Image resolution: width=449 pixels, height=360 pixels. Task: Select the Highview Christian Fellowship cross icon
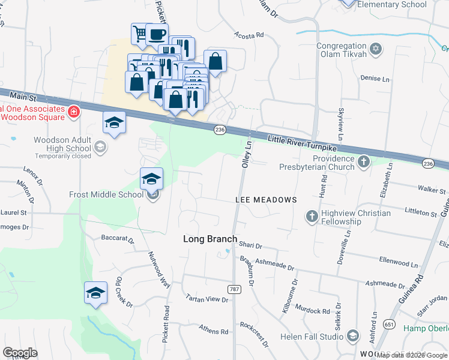(312, 216)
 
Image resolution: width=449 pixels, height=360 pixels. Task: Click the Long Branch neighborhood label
(209, 239)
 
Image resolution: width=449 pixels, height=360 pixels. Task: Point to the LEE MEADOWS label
(266, 200)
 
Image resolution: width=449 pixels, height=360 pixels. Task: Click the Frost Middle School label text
(106, 194)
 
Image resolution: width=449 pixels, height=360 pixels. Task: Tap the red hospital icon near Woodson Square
(74, 112)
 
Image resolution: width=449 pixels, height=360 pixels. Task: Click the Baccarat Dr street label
(118, 238)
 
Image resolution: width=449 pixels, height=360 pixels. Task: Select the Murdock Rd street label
(313, 311)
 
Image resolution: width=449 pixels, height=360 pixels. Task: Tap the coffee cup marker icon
(157, 34)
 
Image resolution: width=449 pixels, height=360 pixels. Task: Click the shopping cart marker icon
(140, 34)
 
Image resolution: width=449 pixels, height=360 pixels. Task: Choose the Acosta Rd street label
(249, 35)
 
